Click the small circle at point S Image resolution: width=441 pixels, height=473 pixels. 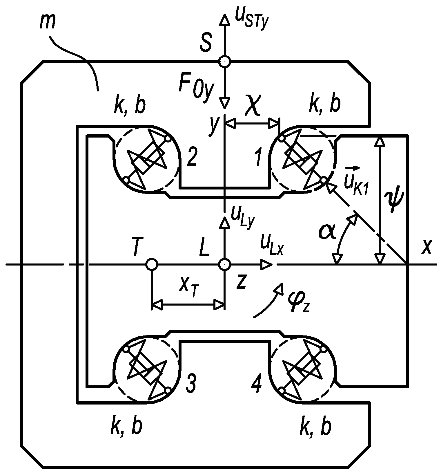point(224,62)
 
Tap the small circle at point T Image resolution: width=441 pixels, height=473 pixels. point(151,264)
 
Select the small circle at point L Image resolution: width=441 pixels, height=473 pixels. point(224,264)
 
